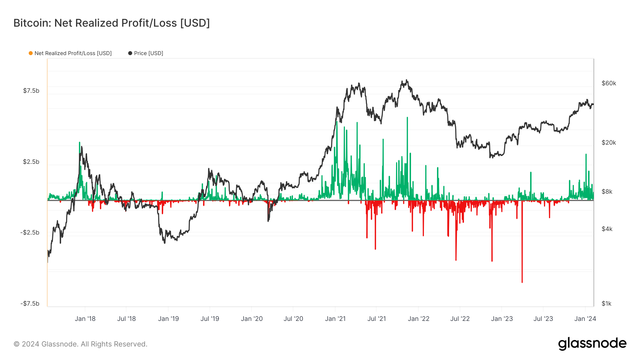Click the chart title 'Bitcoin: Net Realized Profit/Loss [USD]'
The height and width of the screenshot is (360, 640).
pyautogui.click(x=112, y=23)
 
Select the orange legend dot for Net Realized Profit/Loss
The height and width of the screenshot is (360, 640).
pyautogui.click(x=31, y=53)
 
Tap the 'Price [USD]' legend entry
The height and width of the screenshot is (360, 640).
pyautogui.click(x=148, y=53)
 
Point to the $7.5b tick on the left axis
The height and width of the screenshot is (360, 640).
pyautogui.click(x=31, y=91)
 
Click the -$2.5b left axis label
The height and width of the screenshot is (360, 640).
pyautogui.click(x=30, y=232)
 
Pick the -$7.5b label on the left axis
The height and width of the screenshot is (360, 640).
pyautogui.click(x=30, y=303)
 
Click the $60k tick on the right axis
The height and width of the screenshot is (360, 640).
pyautogui.click(x=609, y=83)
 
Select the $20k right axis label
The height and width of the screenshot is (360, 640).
pyautogui.click(x=609, y=143)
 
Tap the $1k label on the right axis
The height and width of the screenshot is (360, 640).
pyautogui.click(x=607, y=303)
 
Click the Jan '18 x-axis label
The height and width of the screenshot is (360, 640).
pyautogui.click(x=85, y=319)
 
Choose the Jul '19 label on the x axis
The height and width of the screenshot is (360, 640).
pyautogui.click(x=210, y=319)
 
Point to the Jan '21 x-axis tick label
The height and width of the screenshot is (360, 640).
pyautogui.click(x=335, y=319)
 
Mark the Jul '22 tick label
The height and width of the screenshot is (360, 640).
pyautogui.click(x=460, y=319)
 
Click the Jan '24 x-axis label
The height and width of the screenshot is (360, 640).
pyautogui.click(x=585, y=319)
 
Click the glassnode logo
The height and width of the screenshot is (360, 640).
pyautogui.click(x=592, y=344)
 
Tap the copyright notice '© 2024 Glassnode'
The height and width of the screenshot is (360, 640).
pyautogui.click(x=80, y=344)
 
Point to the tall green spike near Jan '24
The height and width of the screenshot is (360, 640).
pyautogui.click(x=586, y=155)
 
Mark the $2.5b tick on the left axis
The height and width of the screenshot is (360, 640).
pyautogui.click(x=31, y=162)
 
